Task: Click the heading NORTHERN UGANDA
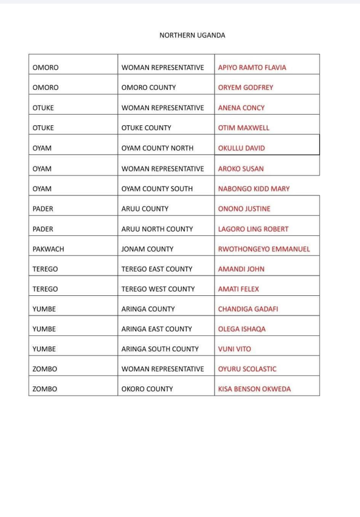[192, 35]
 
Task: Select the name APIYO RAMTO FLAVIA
[252, 68]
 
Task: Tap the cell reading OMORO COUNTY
[148, 88]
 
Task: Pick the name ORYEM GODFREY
[245, 88]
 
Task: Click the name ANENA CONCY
[241, 108]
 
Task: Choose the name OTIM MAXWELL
[243, 128]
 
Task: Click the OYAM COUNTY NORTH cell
[157, 148]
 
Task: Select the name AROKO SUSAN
[240, 169]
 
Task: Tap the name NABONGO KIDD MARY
[253, 189]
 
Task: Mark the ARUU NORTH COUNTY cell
[157, 229]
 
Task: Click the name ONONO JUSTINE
[244, 209]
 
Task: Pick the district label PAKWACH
[48, 249]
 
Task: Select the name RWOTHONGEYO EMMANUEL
[264, 249]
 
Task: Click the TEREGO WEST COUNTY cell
[158, 289]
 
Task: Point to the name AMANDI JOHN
[241, 270]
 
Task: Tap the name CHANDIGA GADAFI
[248, 309]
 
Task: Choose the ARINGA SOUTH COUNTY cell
[160, 349]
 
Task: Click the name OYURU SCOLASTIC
[247, 369]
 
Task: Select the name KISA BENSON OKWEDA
[254, 389]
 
